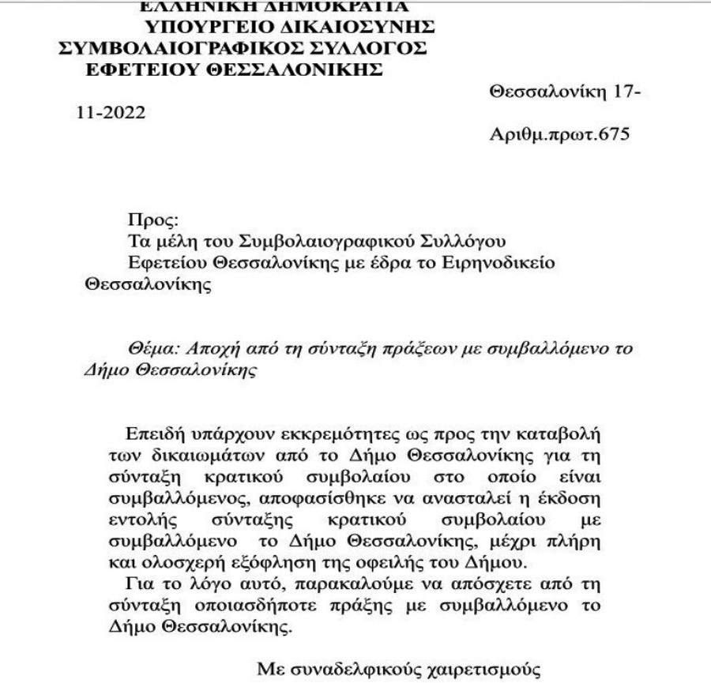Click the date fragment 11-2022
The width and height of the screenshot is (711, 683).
[111, 113]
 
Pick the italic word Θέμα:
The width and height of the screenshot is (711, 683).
[155, 348]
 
